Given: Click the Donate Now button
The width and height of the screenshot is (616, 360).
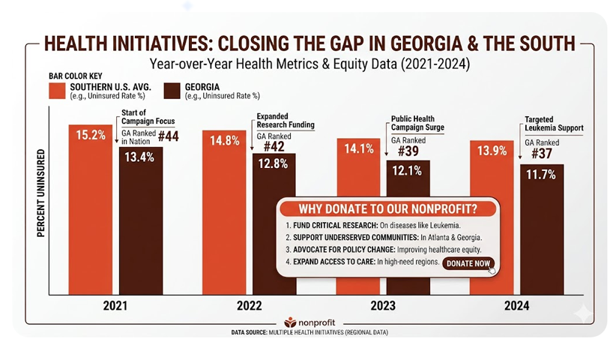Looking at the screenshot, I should (468, 263).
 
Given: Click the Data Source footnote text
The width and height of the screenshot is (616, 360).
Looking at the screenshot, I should (307, 331).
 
